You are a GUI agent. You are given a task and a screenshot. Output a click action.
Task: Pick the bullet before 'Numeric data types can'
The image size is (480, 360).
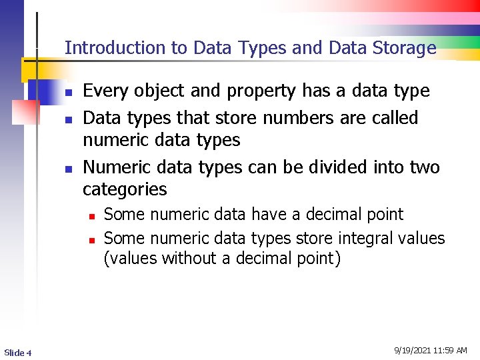point(68,169)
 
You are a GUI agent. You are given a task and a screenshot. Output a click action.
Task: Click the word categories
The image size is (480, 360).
point(125,190)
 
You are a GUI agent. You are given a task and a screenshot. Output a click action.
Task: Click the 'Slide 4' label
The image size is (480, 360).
point(17,352)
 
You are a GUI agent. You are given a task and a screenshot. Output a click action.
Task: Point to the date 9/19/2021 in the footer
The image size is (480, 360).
point(413,351)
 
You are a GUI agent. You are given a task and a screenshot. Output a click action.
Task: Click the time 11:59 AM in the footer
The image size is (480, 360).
point(450,351)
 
